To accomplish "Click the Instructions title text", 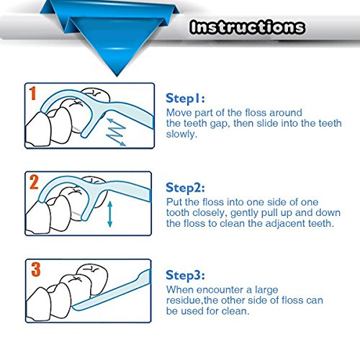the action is (x=247, y=27).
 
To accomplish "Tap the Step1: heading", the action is (x=185, y=99).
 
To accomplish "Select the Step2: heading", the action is (x=185, y=188).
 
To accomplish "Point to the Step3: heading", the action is (x=185, y=275).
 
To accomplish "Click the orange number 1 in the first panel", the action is (x=32, y=94).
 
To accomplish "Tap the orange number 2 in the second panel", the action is (x=34, y=182).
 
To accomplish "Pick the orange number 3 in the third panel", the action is (x=36, y=269).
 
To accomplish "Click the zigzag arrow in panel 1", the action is (x=116, y=132).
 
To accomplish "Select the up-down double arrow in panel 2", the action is (x=110, y=214).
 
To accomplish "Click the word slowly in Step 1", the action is (x=181, y=134).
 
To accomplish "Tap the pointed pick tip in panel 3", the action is (x=73, y=307).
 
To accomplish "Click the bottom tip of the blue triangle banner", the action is (x=117, y=76).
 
